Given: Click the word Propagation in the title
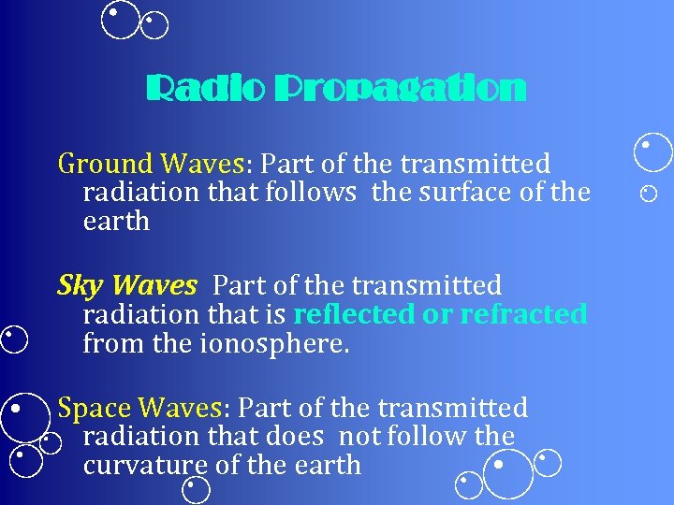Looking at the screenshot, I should pos(400,91).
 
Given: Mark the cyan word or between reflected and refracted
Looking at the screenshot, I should pos(436,314).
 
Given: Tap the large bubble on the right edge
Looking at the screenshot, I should pos(652,151).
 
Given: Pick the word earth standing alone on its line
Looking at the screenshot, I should pos(116,222).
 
